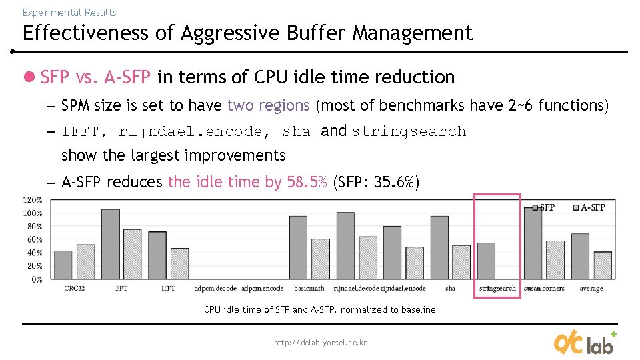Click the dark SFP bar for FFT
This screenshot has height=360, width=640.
tap(111, 244)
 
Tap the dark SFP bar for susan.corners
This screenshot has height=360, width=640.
tap(533, 243)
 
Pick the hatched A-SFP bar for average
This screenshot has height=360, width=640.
tap(603, 265)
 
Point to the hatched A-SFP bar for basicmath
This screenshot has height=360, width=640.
tap(321, 259)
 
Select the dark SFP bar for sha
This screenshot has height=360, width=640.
tap(439, 247)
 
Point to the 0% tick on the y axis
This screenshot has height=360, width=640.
tap(37, 279)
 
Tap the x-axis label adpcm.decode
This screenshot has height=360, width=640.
tap(215, 289)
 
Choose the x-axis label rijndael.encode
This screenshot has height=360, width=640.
tap(403, 289)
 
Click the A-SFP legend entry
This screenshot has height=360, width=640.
tap(589, 207)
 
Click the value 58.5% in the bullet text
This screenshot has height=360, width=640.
tap(307, 182)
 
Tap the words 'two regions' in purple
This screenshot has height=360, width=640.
tap(268, 105)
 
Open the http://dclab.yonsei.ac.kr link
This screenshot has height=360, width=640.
tap(320, 343)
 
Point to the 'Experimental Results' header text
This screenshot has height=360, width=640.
tap(69, 13)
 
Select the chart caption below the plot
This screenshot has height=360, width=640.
tap(320, 309)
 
